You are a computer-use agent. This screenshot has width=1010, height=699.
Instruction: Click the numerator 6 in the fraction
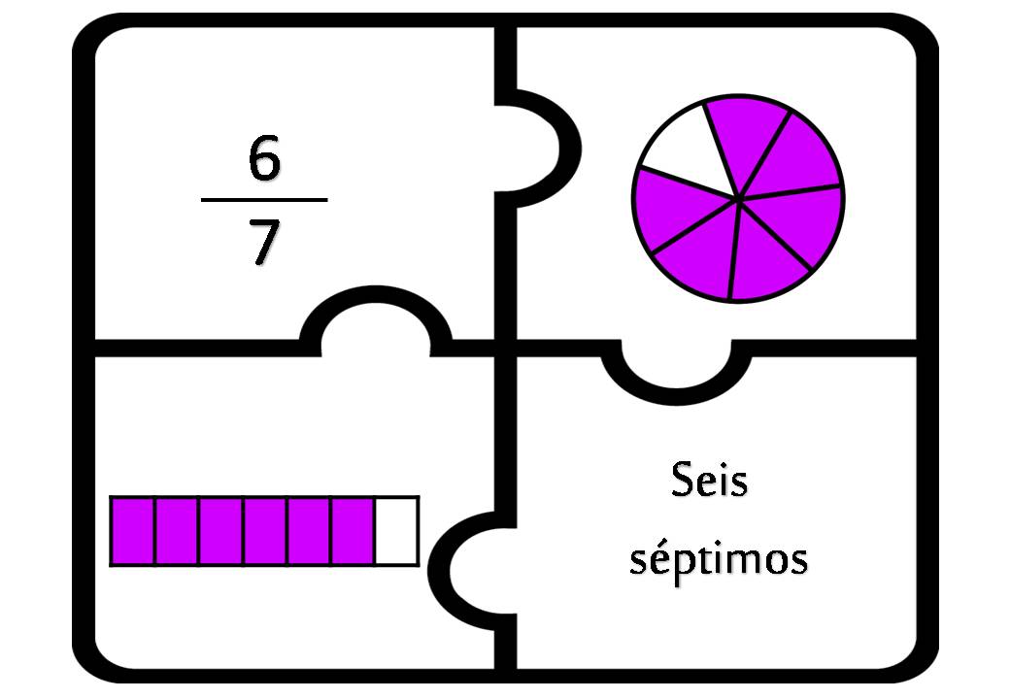(x=264, y=157)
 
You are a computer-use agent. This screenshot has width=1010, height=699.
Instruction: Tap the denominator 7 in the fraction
(x=265, y=242)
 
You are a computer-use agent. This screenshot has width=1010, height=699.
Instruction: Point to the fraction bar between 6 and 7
(x=264, y=200)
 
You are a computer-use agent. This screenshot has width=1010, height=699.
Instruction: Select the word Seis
(x=709, y=481)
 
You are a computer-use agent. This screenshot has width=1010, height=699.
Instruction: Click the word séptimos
(x=719, y=557)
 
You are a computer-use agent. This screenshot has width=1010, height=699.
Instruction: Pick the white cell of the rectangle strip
(x=397, y=531)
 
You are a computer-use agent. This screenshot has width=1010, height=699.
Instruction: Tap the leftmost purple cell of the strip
(x=132, y=531)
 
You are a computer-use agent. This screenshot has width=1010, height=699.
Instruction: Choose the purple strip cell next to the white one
(x=353, y=531)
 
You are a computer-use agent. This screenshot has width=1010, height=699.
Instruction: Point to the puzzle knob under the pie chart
(x=676, y=377)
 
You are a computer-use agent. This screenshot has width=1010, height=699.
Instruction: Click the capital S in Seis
(x=682, y=481)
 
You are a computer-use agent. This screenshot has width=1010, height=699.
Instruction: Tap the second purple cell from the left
(x=177, y=531)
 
